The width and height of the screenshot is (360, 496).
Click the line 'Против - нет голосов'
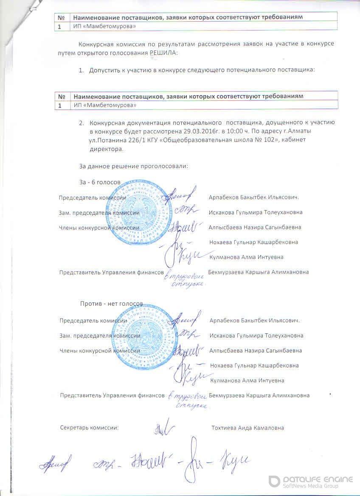pyautogui.click(x=112, y=304)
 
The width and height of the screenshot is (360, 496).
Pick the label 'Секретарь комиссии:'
pyautogui.click(x=90, y=428)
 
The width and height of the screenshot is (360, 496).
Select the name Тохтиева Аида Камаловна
pyautogui.click(x=247, y=428)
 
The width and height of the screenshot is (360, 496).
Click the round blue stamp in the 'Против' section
pyautogui.click(x=142, y=338)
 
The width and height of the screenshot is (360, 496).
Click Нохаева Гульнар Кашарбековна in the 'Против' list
pyautogui.click(x=254, y=365)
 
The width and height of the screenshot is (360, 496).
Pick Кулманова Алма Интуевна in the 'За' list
pyautogui.click(x=247, y=257)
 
